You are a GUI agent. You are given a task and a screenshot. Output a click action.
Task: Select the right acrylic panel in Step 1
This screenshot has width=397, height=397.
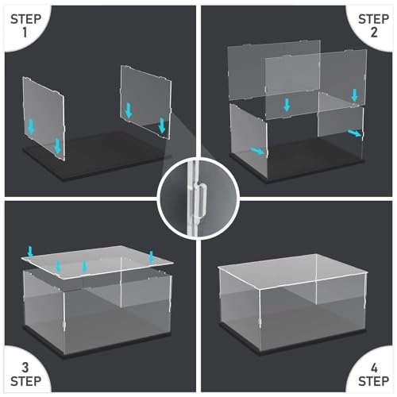tap(145, 102)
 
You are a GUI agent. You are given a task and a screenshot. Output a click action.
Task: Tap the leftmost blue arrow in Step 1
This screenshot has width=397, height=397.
tap(31, 125)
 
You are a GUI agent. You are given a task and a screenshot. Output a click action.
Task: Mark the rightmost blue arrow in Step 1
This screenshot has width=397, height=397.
tap(163, 125)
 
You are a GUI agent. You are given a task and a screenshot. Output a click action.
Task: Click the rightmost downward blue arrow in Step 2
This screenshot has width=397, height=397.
tap(354, 96)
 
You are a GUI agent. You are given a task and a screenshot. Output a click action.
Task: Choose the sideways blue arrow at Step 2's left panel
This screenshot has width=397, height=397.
tap(256, 150)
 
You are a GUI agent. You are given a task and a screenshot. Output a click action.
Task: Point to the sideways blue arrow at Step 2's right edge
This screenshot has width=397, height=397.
tap(353, 133)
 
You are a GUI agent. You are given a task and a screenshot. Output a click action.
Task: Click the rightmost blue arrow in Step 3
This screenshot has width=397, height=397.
tap(151, 256)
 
